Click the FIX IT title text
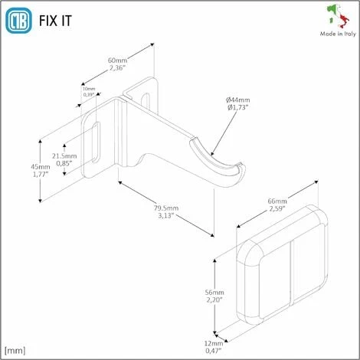pos(56,20)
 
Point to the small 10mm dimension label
pos(90,91)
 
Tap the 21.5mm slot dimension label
pos(63,159)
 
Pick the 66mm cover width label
pos(277,204)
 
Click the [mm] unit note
pos(15,350)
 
